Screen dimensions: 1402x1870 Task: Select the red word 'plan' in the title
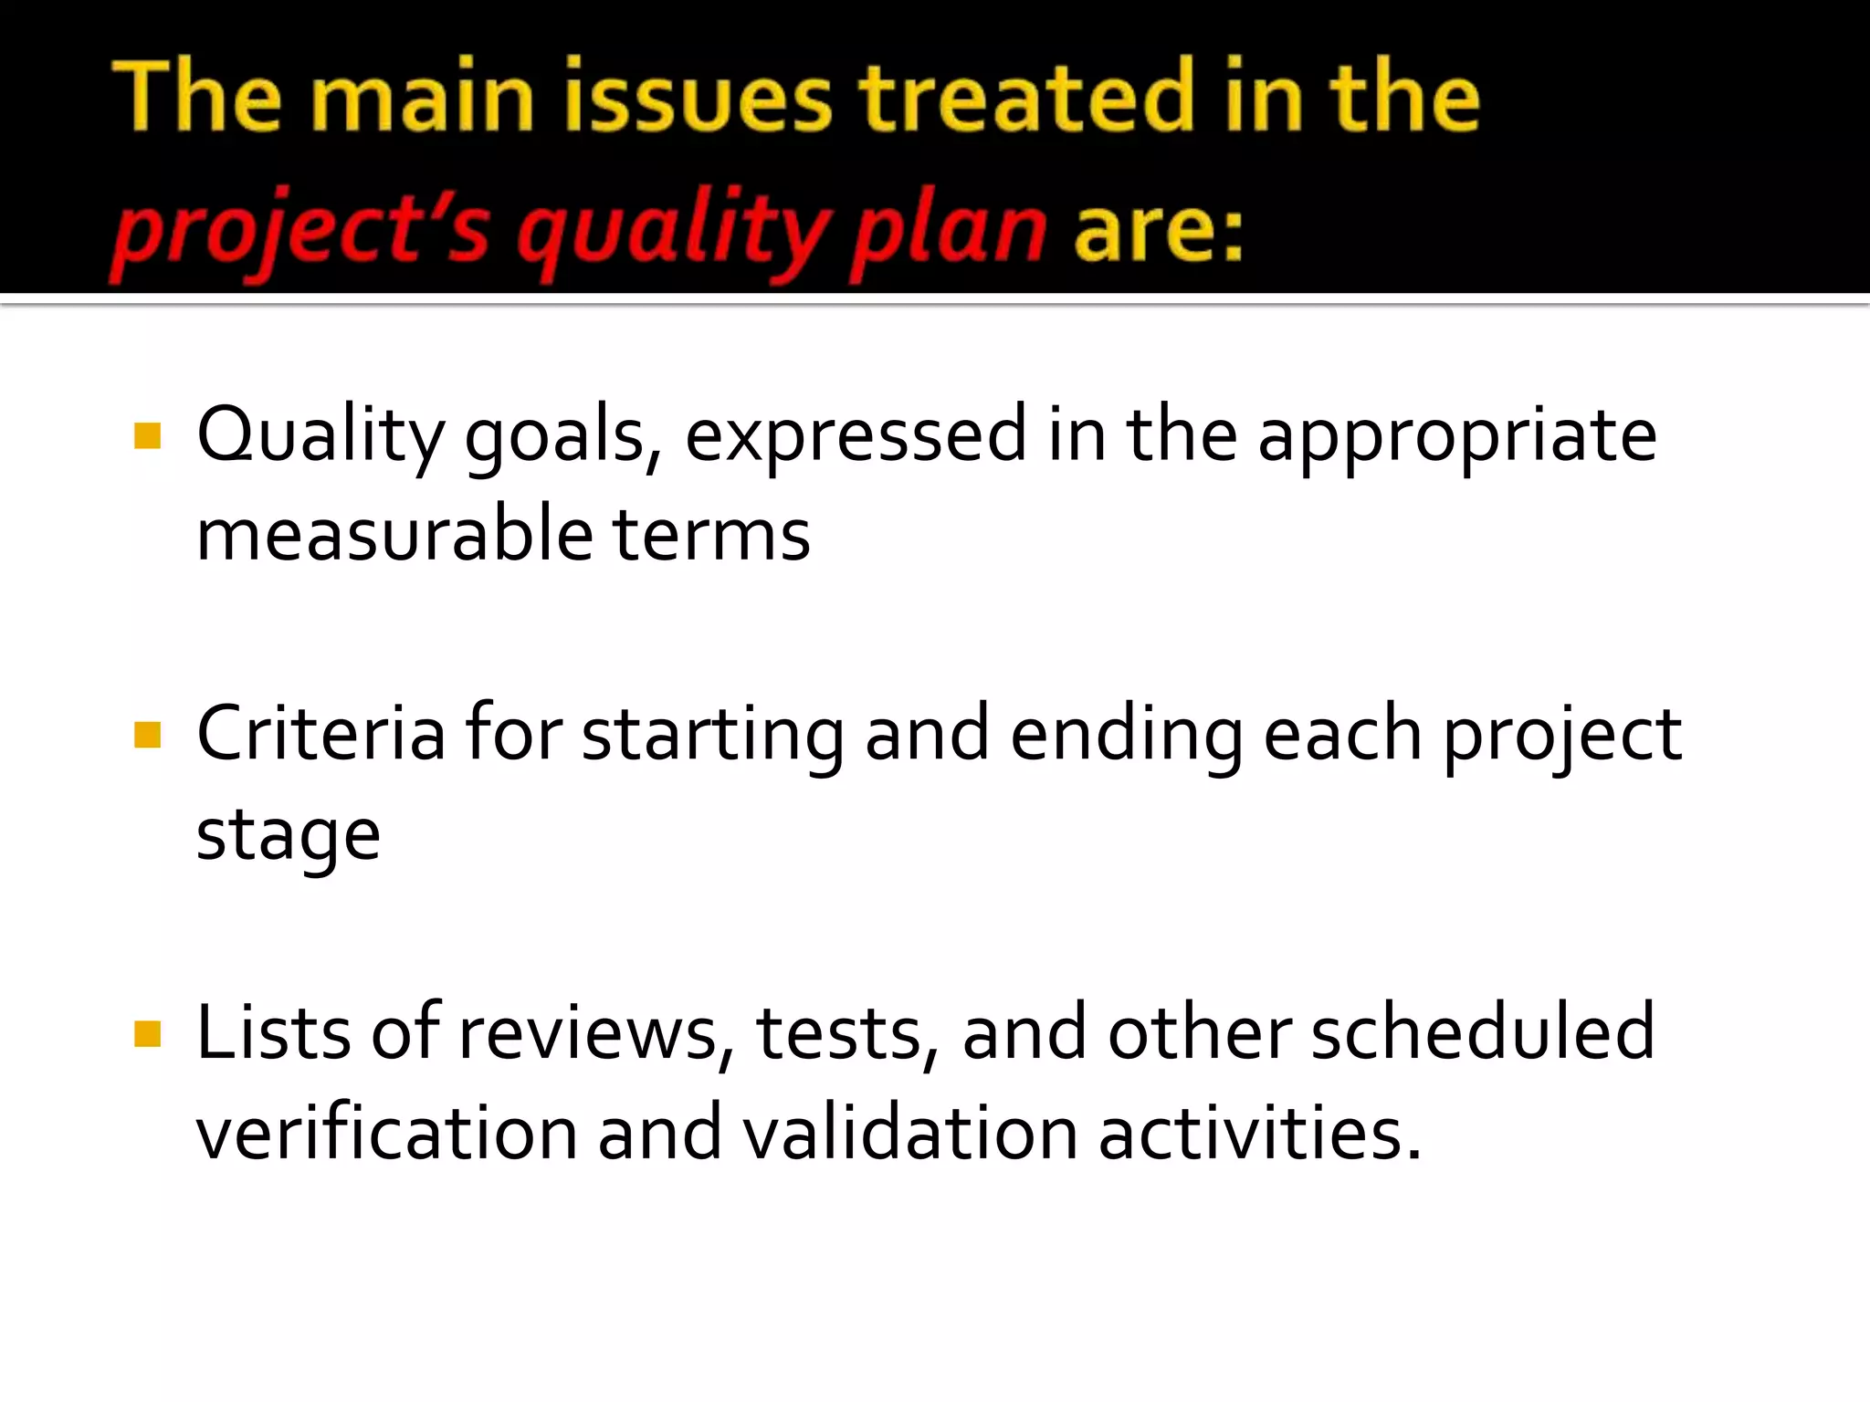tap(948, 230)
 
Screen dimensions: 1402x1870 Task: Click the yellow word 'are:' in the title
tap(1158, 230)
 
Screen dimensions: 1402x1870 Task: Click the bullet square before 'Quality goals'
tap(147, 435)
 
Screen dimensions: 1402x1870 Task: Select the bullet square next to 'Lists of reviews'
tap(147, 1033)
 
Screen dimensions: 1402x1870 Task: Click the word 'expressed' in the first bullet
tap(856, 435)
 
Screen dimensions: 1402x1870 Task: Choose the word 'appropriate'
tap(1456, 435)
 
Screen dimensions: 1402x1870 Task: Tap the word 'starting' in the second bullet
tap(712, 736)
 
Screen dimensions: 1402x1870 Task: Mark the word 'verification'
tap(387, 1133)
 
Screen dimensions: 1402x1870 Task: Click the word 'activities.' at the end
tap(1260, 1133)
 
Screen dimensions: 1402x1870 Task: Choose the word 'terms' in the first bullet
tap(710, 535)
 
